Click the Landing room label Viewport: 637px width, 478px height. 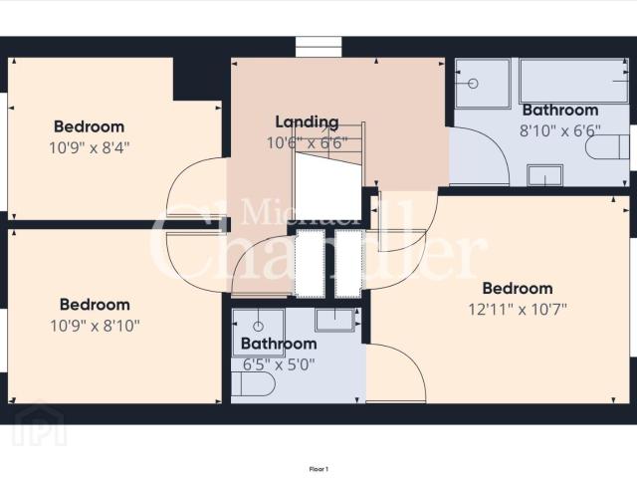[307, 121]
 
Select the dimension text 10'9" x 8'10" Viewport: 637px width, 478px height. [96, 325]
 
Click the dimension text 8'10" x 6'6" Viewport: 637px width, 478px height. [559, 129]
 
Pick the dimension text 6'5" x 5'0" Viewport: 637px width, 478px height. [279, 364]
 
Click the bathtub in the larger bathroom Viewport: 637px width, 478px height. [573, 82]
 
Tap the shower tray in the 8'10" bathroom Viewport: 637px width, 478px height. [482, 84]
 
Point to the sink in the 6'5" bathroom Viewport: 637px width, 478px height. [336, 320]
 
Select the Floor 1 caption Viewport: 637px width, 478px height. [318, 468]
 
